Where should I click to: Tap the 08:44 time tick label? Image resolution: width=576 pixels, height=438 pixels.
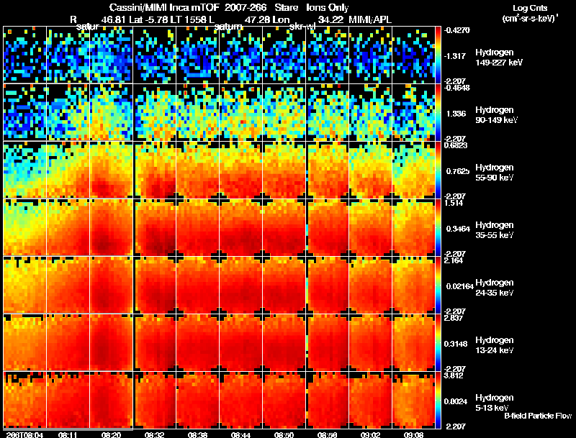point(240,434)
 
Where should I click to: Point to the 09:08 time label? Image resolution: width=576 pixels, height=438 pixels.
point(413,434)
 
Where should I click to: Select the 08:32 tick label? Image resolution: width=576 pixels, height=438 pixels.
point(154,434)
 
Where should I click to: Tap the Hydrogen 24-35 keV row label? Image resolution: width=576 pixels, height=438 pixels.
point(494,288)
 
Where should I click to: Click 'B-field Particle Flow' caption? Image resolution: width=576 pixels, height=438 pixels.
point(537,416)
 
